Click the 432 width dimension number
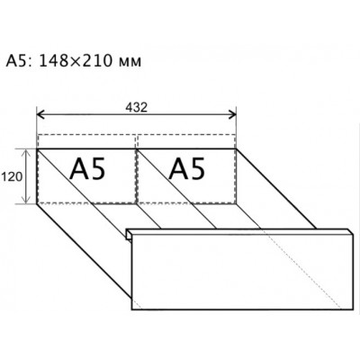point(137,107)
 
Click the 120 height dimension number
point(12,177)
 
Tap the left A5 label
point(87,169)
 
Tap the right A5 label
point(186,169)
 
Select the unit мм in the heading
point(130,63)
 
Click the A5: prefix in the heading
point(21,61)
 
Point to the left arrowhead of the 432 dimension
point(40,114)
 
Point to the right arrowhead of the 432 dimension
point(232,114)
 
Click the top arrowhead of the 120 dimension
point(27,152)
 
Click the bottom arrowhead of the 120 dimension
point(27,200)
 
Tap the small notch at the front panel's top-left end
point(129,234)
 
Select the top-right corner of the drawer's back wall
point(236,148)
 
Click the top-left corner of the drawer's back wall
point(37,148)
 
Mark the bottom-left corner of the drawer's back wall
point(37,204)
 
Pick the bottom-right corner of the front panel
point(353,310)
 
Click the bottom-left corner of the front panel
point(131,310)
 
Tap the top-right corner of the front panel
point(353,233)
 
